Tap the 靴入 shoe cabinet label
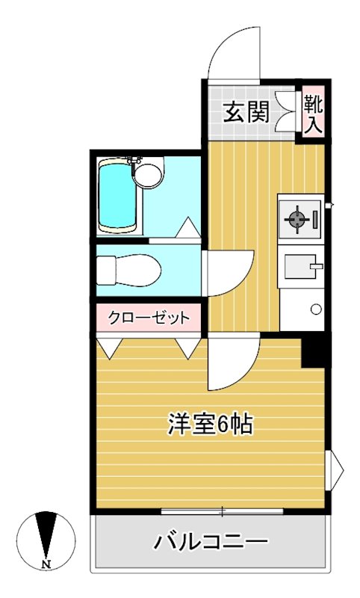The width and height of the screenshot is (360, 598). [x=312, y=113]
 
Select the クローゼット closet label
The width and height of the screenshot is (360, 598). [x=148, y=318]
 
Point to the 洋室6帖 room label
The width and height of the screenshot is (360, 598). [x=209, y=425]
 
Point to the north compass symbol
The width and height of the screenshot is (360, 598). [x=46, y=535]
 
